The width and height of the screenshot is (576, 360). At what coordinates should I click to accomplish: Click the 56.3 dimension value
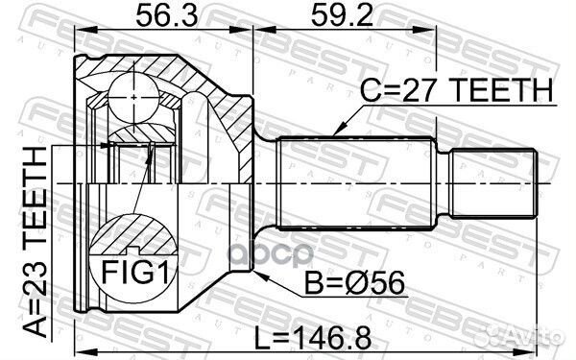[167, 15]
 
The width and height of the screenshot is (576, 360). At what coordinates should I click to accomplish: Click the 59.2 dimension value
[342, 15]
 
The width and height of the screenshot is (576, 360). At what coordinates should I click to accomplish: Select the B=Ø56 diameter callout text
[355, 282]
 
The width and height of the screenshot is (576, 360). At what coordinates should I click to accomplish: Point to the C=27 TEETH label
[456, 90]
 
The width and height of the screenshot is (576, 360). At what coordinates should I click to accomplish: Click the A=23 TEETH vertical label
[36, 242]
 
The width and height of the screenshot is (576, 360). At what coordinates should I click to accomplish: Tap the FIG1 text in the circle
[134, 273]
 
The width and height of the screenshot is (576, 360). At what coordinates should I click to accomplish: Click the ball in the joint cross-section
[133, 97]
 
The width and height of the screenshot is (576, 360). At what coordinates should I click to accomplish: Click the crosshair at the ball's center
[133, 97]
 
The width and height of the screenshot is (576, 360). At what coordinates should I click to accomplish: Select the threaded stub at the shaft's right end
[493, 183]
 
